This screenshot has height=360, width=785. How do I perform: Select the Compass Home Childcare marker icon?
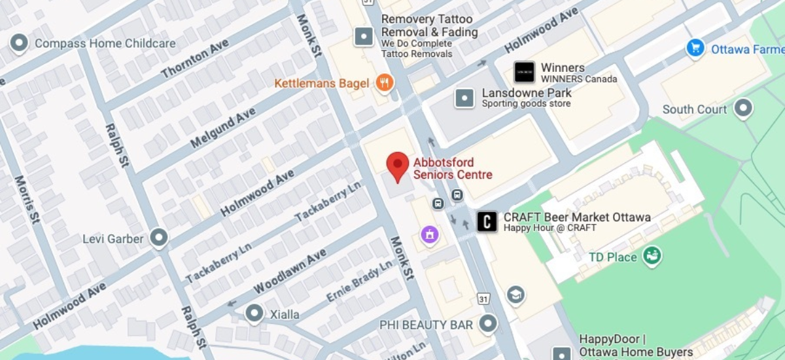point(19,43)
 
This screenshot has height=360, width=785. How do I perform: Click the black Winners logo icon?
point(524,72)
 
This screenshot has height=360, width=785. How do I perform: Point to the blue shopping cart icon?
point(695,48)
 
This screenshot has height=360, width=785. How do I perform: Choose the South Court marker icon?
point(743,109)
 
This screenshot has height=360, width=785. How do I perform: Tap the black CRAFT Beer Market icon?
point(486,222)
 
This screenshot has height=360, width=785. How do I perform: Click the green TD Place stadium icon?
point(652,256)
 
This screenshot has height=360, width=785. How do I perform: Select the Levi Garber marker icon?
point(159,238)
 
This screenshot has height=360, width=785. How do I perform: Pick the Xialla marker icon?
point(254,314)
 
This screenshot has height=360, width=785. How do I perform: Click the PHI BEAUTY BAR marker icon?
point(487,323)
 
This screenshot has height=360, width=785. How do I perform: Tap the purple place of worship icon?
point(429,233)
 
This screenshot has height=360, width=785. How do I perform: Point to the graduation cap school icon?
point(515,295)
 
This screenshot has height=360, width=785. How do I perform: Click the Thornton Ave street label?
point(194,59)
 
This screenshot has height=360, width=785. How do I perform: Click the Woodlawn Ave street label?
point(290,271)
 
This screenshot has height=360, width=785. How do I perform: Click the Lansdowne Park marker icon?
point(464,98)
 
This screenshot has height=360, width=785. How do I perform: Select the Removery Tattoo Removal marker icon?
point(364,37)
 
